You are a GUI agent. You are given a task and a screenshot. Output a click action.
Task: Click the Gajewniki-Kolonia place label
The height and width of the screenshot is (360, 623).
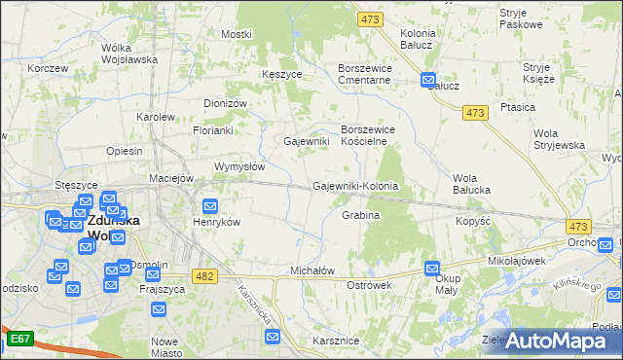click(355, 186)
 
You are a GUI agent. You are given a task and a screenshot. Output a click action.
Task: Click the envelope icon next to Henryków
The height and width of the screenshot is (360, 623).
click(210, 205)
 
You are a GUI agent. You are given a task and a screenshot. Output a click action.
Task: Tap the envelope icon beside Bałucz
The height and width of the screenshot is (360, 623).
click(428, 80)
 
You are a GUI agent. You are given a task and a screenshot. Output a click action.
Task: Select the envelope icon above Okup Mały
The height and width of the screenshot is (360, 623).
click(433, 268)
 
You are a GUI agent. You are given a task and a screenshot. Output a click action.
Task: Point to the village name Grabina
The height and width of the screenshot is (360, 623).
click(360, 214)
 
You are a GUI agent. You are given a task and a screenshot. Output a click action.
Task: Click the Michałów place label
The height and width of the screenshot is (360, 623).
click(312, 270)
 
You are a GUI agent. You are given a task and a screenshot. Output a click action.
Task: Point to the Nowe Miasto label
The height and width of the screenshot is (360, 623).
click(165, 347)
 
